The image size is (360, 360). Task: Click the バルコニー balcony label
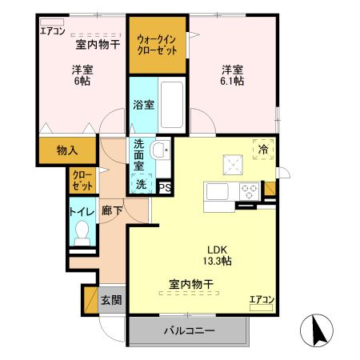pyautogui.click(x=189, y=329)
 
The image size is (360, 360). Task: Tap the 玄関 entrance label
pyautogui.click(x=112, y=301)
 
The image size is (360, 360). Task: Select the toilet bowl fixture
pyautogui.click(x=81, y=232)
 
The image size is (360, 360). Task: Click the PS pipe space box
pyautogui.click(x=165, y=188)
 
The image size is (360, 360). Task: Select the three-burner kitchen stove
pyautogui.click(x=248, y=192)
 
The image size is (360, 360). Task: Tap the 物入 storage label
pyautogui.click(x=67, y=150)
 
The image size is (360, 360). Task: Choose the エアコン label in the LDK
pyautogui.click(x=262, y=300)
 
